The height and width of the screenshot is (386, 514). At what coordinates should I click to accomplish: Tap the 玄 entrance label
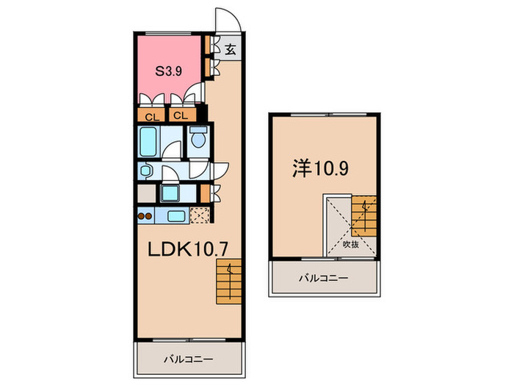click(x=230, y=50)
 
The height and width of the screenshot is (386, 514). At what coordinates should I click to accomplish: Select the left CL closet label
click(x=151, y=116)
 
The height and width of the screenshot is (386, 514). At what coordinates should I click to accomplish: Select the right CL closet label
click(x=181, y=116)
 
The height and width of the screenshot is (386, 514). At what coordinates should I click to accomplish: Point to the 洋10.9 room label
click(x=322, y=168)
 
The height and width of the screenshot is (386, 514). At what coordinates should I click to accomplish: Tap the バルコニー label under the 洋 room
click(x=323, y=279)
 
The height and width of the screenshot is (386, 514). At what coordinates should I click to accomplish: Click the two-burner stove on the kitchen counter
click(x=144, y=217)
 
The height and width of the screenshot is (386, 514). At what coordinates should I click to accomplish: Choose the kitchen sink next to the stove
click(x=175, y=217)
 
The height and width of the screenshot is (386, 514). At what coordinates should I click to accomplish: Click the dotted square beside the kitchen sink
click(x=199, y=216)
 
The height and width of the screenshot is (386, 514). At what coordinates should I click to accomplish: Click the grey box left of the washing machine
click(x=146, y=194)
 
